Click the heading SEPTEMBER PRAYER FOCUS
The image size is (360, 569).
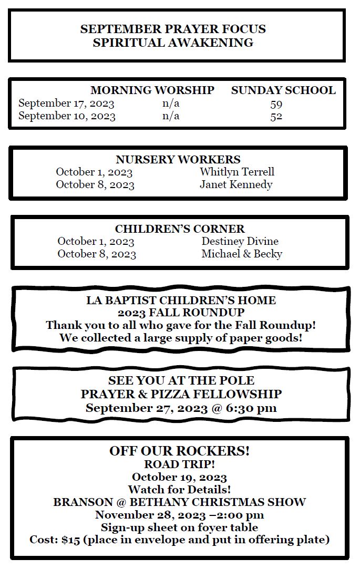click(173, 29)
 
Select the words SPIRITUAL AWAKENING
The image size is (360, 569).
click(173, 43)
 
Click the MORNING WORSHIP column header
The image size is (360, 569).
click(152, 90)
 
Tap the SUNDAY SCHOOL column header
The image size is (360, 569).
click(283, 90)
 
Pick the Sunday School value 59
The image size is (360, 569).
click(276, 104)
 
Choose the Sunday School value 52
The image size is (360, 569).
click(276, 116)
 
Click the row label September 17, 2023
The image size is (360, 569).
click(66, 104)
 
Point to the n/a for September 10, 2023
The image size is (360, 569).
click(171, 116)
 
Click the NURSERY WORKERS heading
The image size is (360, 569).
click(178, 160)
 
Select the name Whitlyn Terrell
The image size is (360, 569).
click(237, 172)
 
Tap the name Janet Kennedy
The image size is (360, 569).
click(236, 184)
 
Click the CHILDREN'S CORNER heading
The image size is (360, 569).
click(180, 229)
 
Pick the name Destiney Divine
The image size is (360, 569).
click(240, 242)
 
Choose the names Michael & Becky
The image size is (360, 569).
click(242, 254)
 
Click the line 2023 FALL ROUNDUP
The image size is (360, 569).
click(181, 313)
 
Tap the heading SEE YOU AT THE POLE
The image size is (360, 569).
click(181, 380)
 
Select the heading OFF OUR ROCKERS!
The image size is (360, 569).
click(179, 451)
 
